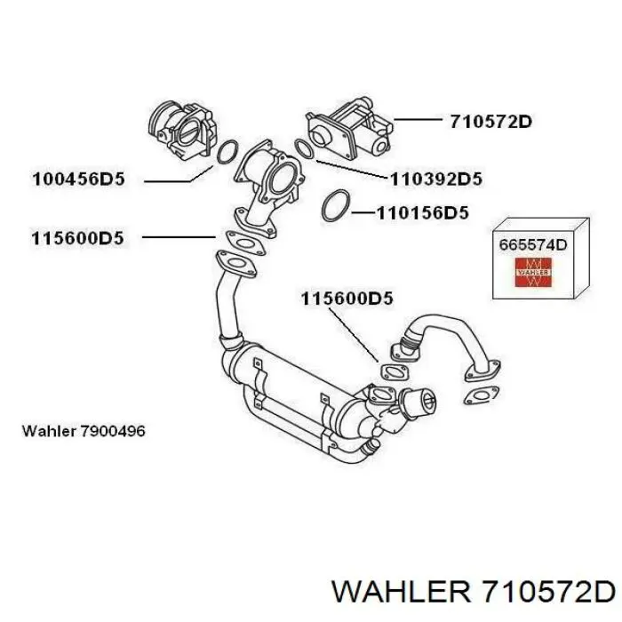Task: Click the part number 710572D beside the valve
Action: point(490,122)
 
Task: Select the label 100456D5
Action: point(78,179)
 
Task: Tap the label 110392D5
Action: point(436,179)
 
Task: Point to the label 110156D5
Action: point(422,213)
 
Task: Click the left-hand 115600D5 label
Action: point(77,238)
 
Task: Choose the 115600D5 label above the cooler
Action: point(347,299)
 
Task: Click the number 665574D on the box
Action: point(533,244)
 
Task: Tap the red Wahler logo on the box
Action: point(533,272)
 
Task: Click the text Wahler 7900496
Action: point(84,431)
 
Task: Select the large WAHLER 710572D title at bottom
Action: point(474,593)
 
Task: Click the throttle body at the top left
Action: point(182,130)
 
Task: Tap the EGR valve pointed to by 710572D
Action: point(348,130)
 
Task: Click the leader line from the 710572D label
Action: point(418,119)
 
